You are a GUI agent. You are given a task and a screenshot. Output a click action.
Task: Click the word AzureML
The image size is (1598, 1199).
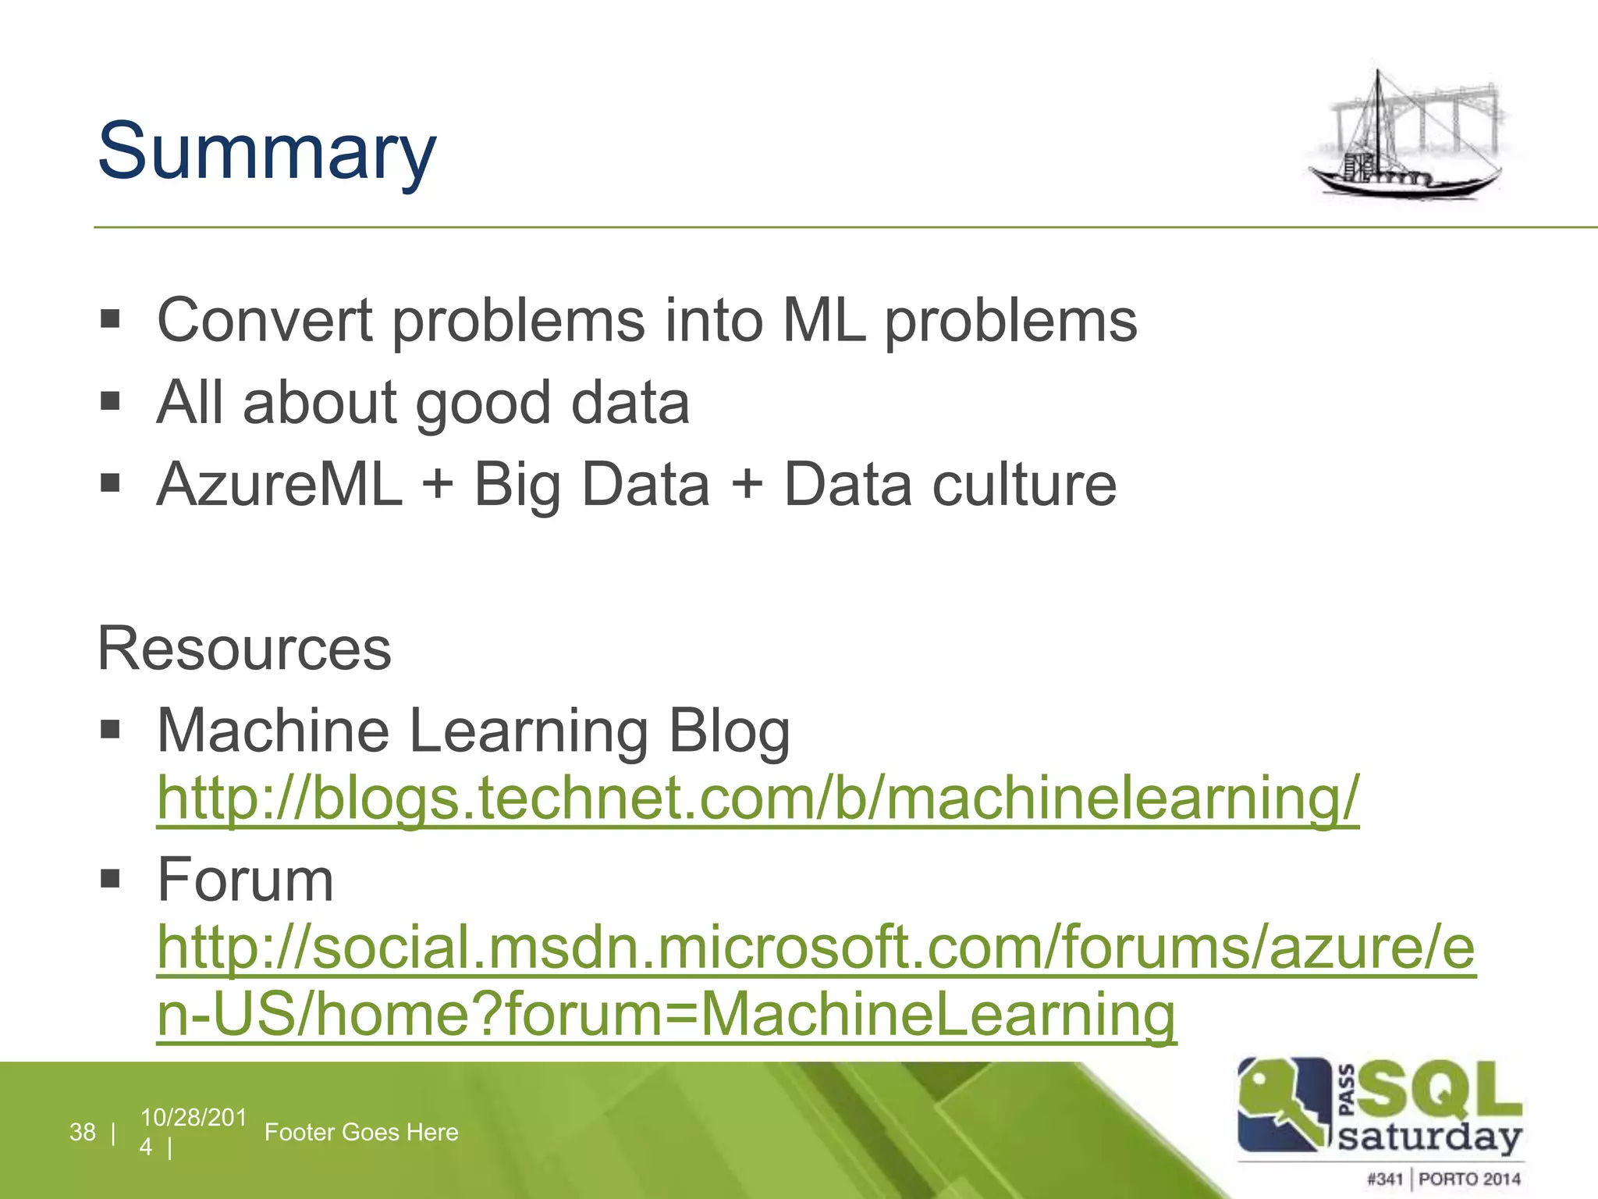(279, 485)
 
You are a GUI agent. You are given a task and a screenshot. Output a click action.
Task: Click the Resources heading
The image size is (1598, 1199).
(244, 649)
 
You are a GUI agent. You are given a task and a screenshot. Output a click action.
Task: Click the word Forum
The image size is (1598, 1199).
(245, 880)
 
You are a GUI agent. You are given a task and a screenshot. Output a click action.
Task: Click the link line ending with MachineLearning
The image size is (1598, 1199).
(666, 1014)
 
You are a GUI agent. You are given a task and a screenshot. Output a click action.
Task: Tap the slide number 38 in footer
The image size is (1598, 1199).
(82, 1132)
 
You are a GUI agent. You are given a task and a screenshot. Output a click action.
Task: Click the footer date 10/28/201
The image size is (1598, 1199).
(193, 1118)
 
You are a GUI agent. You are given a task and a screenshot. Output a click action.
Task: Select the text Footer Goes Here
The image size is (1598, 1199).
(361, 1132)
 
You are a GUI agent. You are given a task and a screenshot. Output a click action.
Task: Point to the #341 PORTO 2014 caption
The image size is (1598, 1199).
(1444, 1179)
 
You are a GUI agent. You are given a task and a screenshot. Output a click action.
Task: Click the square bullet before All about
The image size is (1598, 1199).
(110, 402)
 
